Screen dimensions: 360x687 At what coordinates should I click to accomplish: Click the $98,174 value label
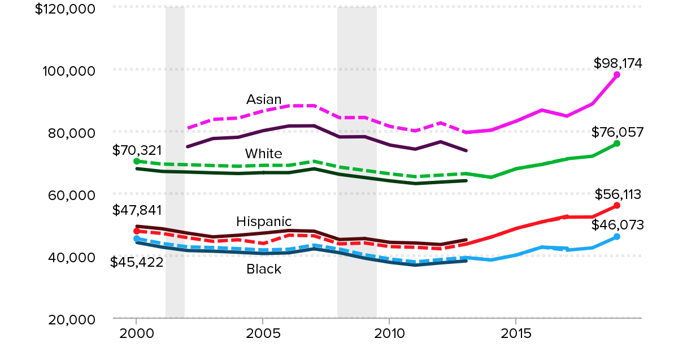click(x=618, y=63)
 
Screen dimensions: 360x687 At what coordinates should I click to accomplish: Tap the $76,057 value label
click(x=618, y=132)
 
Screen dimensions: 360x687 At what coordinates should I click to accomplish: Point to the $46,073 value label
click(x=618, y=225)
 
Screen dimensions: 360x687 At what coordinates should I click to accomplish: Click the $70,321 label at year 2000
click(x=137, y=150)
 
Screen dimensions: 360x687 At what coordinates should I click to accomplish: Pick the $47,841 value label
click(x=137, y=210)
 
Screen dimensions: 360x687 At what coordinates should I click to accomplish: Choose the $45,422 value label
click(x=137, y=262)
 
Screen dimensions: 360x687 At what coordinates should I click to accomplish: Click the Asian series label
click(x=264, y=100)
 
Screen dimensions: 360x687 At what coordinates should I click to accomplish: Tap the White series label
click(x=263, y=154)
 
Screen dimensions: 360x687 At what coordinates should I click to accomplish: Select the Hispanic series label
click(x=264, y=221)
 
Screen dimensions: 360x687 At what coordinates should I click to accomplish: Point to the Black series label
click(x=264, y=270)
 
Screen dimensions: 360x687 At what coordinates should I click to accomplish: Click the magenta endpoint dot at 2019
click(x=617, y=75)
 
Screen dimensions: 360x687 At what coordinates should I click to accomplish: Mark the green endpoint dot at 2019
click(x=617, y=144)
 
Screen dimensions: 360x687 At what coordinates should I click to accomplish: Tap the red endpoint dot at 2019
click(x=617, y=205)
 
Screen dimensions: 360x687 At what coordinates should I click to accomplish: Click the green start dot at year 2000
click(x=136, y=161)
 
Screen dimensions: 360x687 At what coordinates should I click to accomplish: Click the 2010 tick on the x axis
click(x=389, y=333)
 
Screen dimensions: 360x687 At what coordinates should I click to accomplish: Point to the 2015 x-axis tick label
click(x=516, y=333)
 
